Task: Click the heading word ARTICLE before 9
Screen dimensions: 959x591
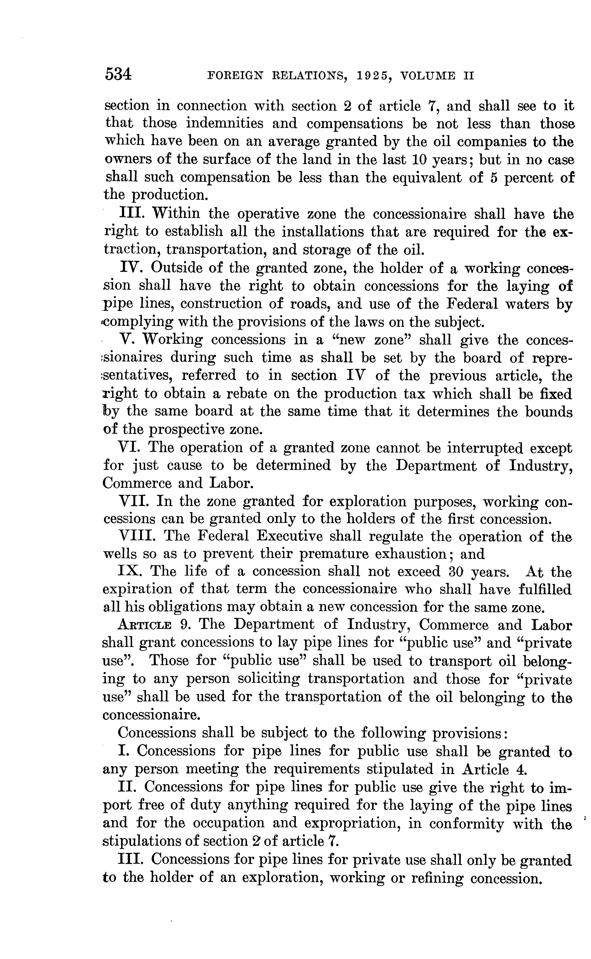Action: point(145,625)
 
